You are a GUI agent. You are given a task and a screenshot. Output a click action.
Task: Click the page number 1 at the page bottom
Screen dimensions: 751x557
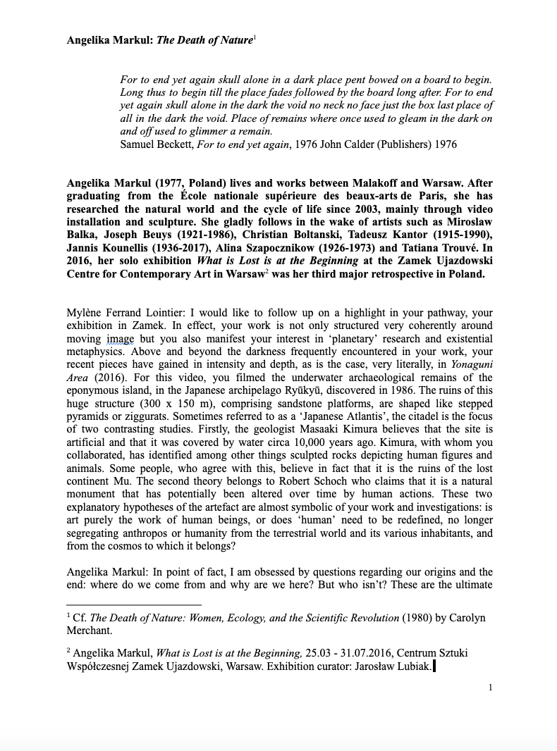tap(490, 688)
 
